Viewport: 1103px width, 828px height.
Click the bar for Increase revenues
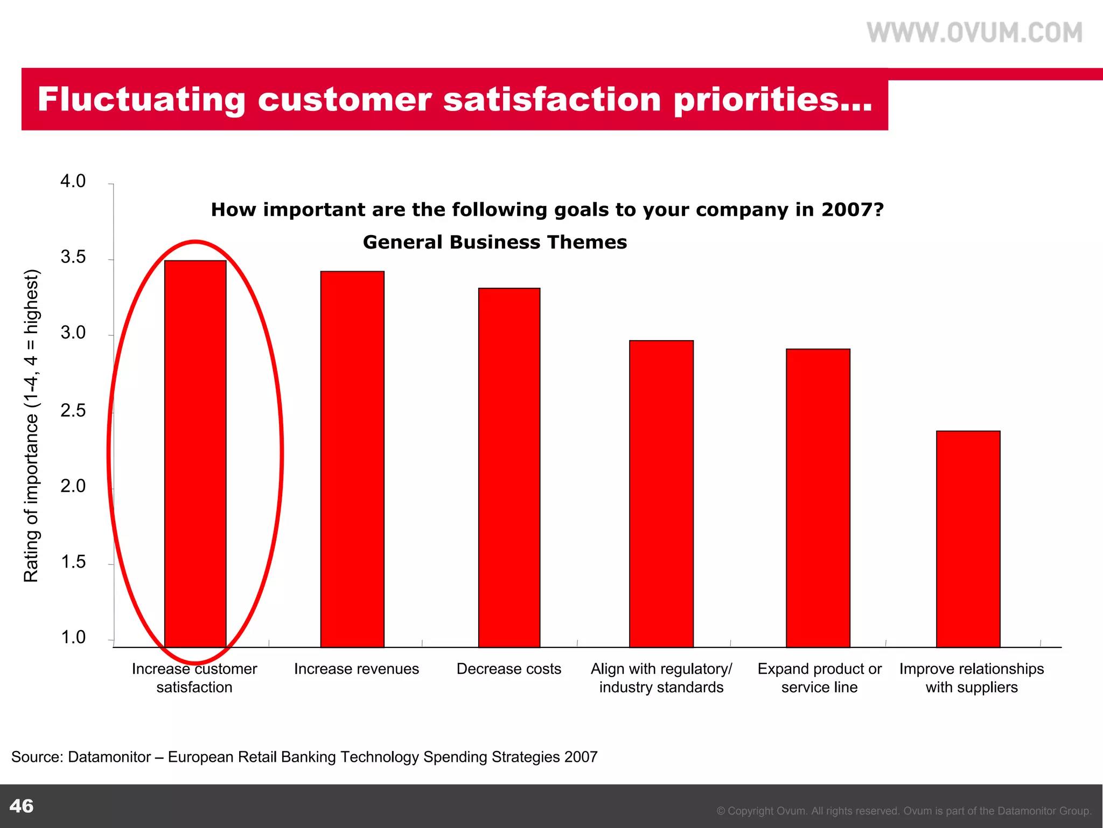coord(352,458)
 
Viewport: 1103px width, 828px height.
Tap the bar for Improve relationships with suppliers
coord(968,539)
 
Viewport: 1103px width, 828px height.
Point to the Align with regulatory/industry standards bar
coord(661,493)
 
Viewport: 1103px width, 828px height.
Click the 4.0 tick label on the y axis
coord(73,182)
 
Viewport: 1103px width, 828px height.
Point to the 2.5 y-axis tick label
coord(73,411)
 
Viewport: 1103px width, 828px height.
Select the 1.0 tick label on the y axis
coord(73,638)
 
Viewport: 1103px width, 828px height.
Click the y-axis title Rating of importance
coord(31,426)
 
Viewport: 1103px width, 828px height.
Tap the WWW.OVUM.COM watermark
coord(974,33)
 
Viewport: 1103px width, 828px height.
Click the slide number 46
coord(22,806)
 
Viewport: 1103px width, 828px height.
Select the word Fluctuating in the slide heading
coord(141,100)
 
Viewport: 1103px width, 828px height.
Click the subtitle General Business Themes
coord(495,243)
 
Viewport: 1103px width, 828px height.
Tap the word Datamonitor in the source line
coord(109,757)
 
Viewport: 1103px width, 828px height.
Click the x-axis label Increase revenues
coord(356,669)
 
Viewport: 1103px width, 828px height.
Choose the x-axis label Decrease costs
coord(508,669)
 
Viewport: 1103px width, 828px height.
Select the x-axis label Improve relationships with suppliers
coord(971,678)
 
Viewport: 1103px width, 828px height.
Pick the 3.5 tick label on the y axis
coord(73,258)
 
